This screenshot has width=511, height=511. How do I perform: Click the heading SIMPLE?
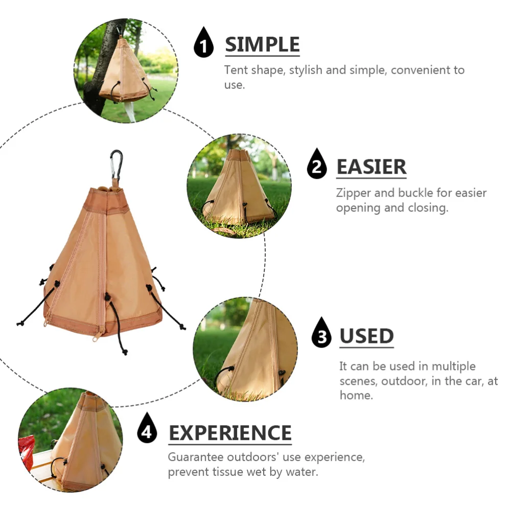coord(262,44)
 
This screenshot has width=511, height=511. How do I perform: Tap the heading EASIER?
coord(371,167)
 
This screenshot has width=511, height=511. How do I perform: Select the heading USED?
coord(366,336)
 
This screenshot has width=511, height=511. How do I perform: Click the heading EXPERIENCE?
coord(230,433)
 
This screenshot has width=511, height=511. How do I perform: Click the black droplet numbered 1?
coord(204,43)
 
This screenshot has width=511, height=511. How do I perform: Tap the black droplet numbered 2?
coord(317,165)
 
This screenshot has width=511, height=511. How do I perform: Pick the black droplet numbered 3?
coord(321,333)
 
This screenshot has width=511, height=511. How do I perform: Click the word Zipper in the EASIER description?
coord(353,193)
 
